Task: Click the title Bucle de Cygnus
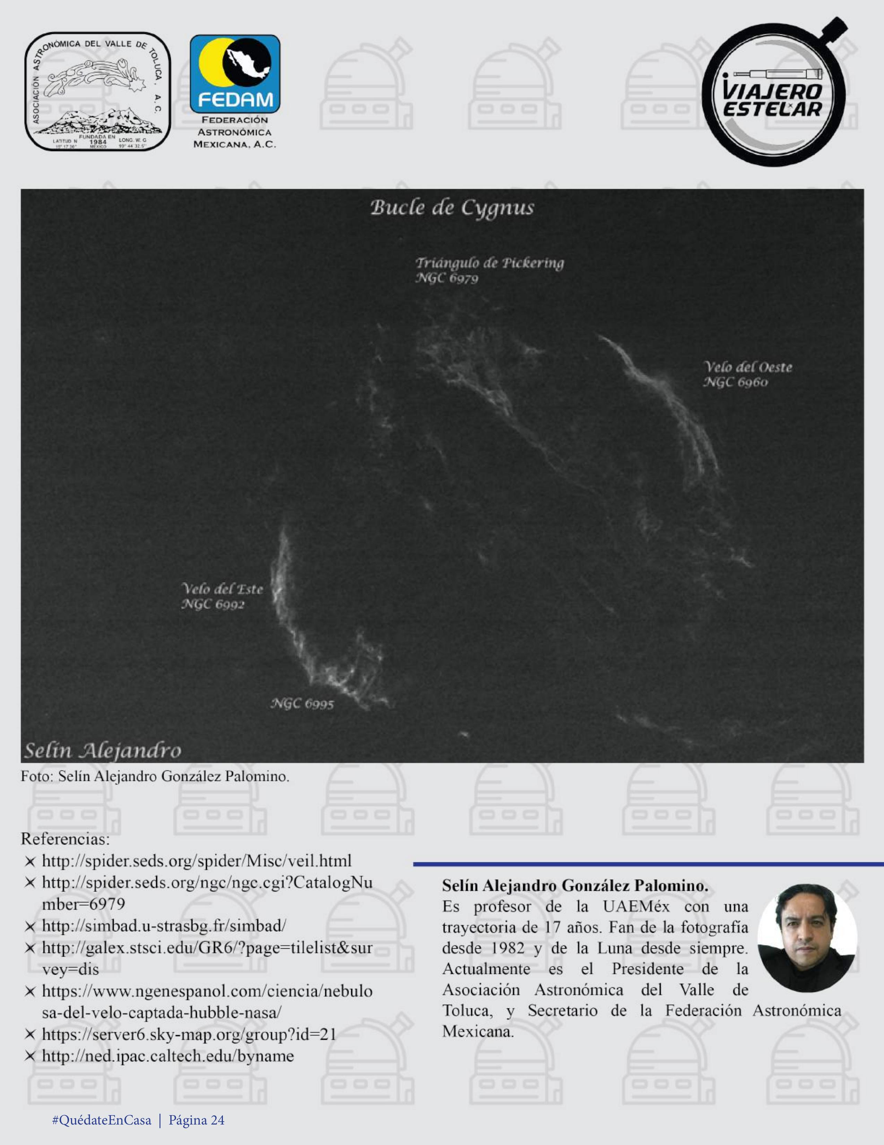pos(452,208)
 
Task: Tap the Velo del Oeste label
pos(747,367)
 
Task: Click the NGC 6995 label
pos(302,703)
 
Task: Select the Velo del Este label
pos(222,589)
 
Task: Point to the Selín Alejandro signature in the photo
pos(103,751)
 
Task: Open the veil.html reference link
pos(197,861)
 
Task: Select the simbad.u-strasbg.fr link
pos(164,926)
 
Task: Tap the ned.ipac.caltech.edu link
pos(168,1056)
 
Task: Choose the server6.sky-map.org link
pos(189,1034)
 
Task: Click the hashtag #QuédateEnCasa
pos(102,1120)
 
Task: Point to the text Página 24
pos(197,1120)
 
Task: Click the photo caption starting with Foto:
pos(155,776)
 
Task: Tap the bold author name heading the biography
pos(575,886)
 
